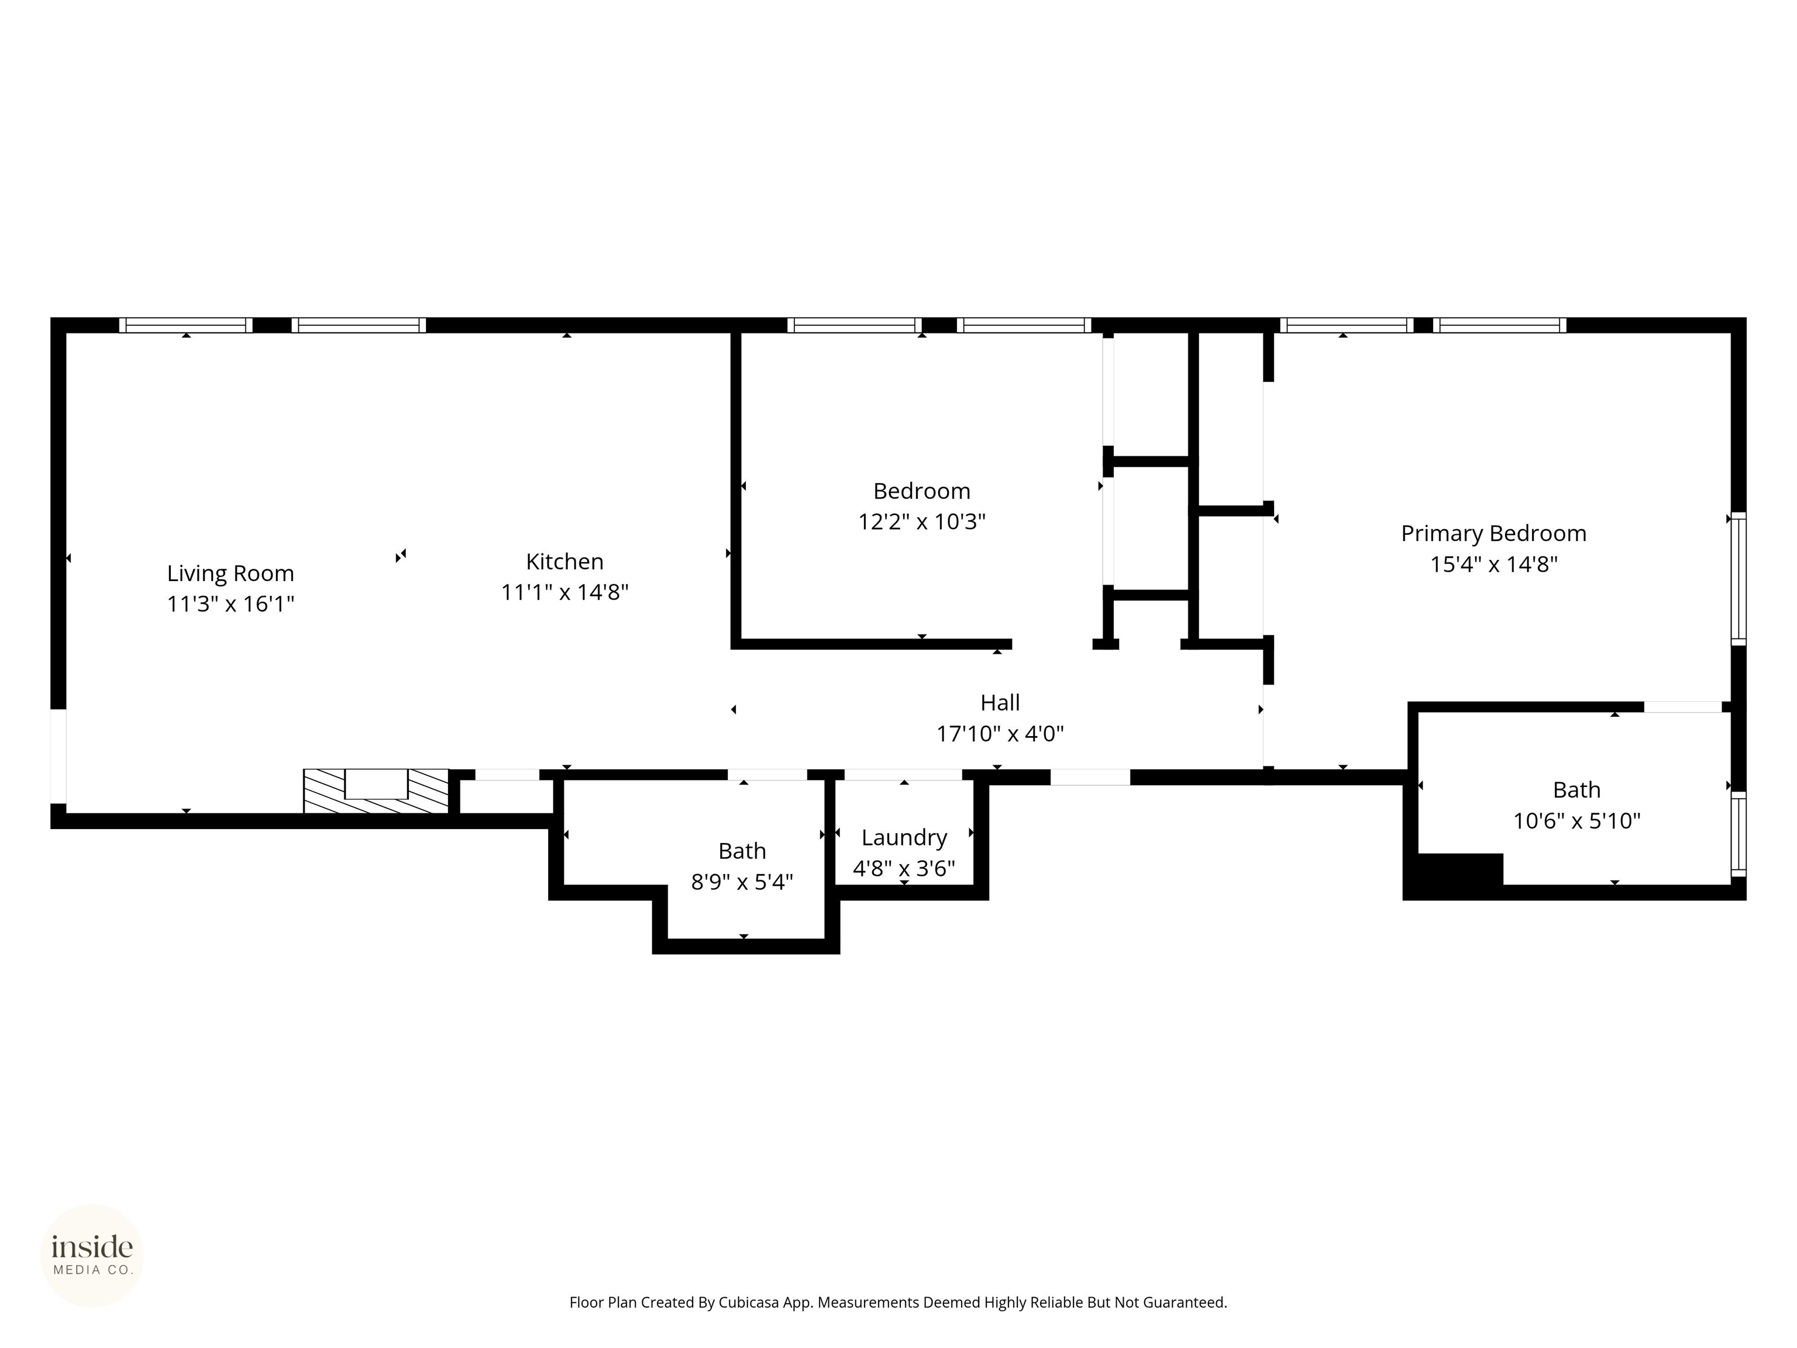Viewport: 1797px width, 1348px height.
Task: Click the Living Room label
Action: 230,573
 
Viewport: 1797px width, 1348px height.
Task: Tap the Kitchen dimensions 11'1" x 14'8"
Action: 564,592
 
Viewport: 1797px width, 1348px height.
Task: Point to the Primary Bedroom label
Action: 1493,534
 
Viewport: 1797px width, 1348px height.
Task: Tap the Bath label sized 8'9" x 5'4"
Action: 742,851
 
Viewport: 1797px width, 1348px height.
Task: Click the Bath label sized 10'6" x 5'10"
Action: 1576,790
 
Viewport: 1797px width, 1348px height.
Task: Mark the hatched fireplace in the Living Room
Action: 376,790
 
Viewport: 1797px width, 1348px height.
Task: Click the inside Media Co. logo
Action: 92,1256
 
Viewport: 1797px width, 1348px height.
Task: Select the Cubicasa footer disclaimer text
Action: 898,1302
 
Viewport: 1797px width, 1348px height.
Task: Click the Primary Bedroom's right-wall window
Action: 1738,579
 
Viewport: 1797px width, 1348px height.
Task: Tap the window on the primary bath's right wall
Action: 1738,834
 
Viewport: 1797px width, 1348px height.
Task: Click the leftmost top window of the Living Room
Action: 186,325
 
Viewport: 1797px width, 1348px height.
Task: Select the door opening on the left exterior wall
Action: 58,756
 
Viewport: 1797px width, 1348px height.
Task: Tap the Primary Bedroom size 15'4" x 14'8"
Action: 1493,565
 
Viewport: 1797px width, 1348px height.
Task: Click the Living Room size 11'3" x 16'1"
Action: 230,604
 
